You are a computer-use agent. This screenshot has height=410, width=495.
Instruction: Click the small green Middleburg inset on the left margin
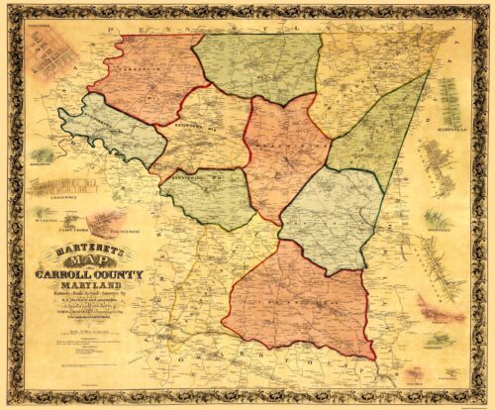[41, 155]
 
